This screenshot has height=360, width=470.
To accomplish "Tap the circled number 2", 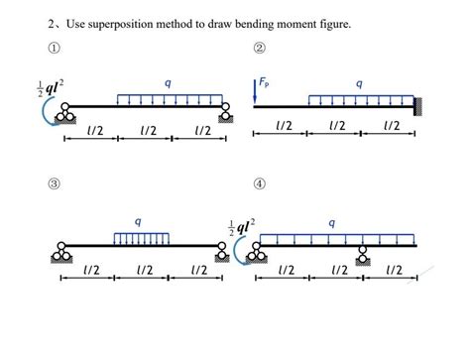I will [260, 50].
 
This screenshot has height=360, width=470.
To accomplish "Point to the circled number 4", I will [260, 184].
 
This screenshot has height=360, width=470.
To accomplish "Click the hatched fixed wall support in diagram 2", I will [421, 105].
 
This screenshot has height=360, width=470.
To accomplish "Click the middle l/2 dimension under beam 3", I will [146, 270].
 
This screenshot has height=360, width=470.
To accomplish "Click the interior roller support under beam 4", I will [364, 253].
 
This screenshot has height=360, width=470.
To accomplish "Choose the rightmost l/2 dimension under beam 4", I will [394, 270].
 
